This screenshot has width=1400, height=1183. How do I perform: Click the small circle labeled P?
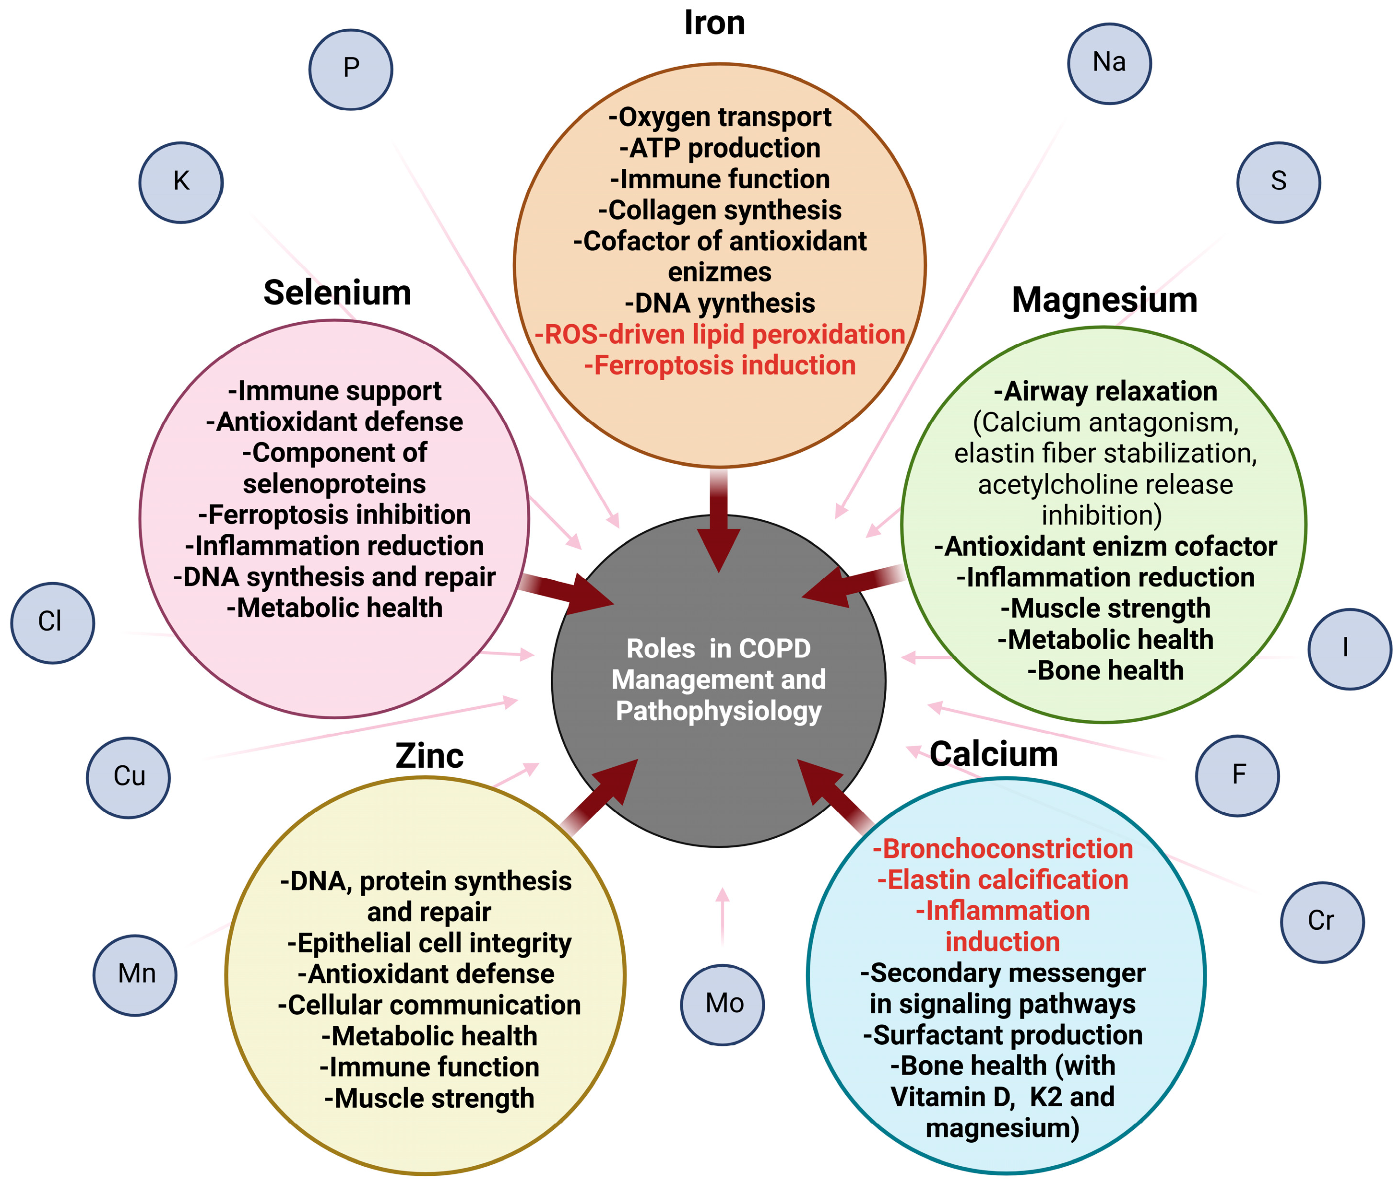pyautogui.click(x=351, y=69)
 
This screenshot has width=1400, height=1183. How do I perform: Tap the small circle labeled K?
pyautogui.click(x=181, y=182)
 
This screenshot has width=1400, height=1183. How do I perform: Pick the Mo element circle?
pyautogui.click(x=723, y=1004)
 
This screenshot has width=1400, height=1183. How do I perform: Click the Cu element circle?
pyautogui.click(x=128, y=777)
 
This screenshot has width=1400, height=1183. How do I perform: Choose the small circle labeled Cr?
pyautogui.click(x=1321, y=922)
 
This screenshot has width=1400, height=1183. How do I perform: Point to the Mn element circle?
pyautogui.click(x=135, y=974)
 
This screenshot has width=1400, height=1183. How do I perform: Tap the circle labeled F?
pyautogui.click(x=1238, y=775)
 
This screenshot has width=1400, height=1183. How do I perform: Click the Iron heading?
pyautogui.click(x=714, y=23)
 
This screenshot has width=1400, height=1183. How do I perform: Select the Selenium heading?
pyautogui.click(x=337, y=293)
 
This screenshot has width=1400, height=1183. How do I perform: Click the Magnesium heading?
pyautogui.click(x=1104, y=300)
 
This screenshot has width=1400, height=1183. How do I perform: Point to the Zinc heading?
pyautogui.click(x=429, y=756)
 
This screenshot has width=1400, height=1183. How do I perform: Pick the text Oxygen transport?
pyautogui.click(x=720, y=117)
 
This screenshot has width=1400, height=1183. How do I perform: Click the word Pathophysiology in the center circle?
pyautogui.click(x=718, y=711)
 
